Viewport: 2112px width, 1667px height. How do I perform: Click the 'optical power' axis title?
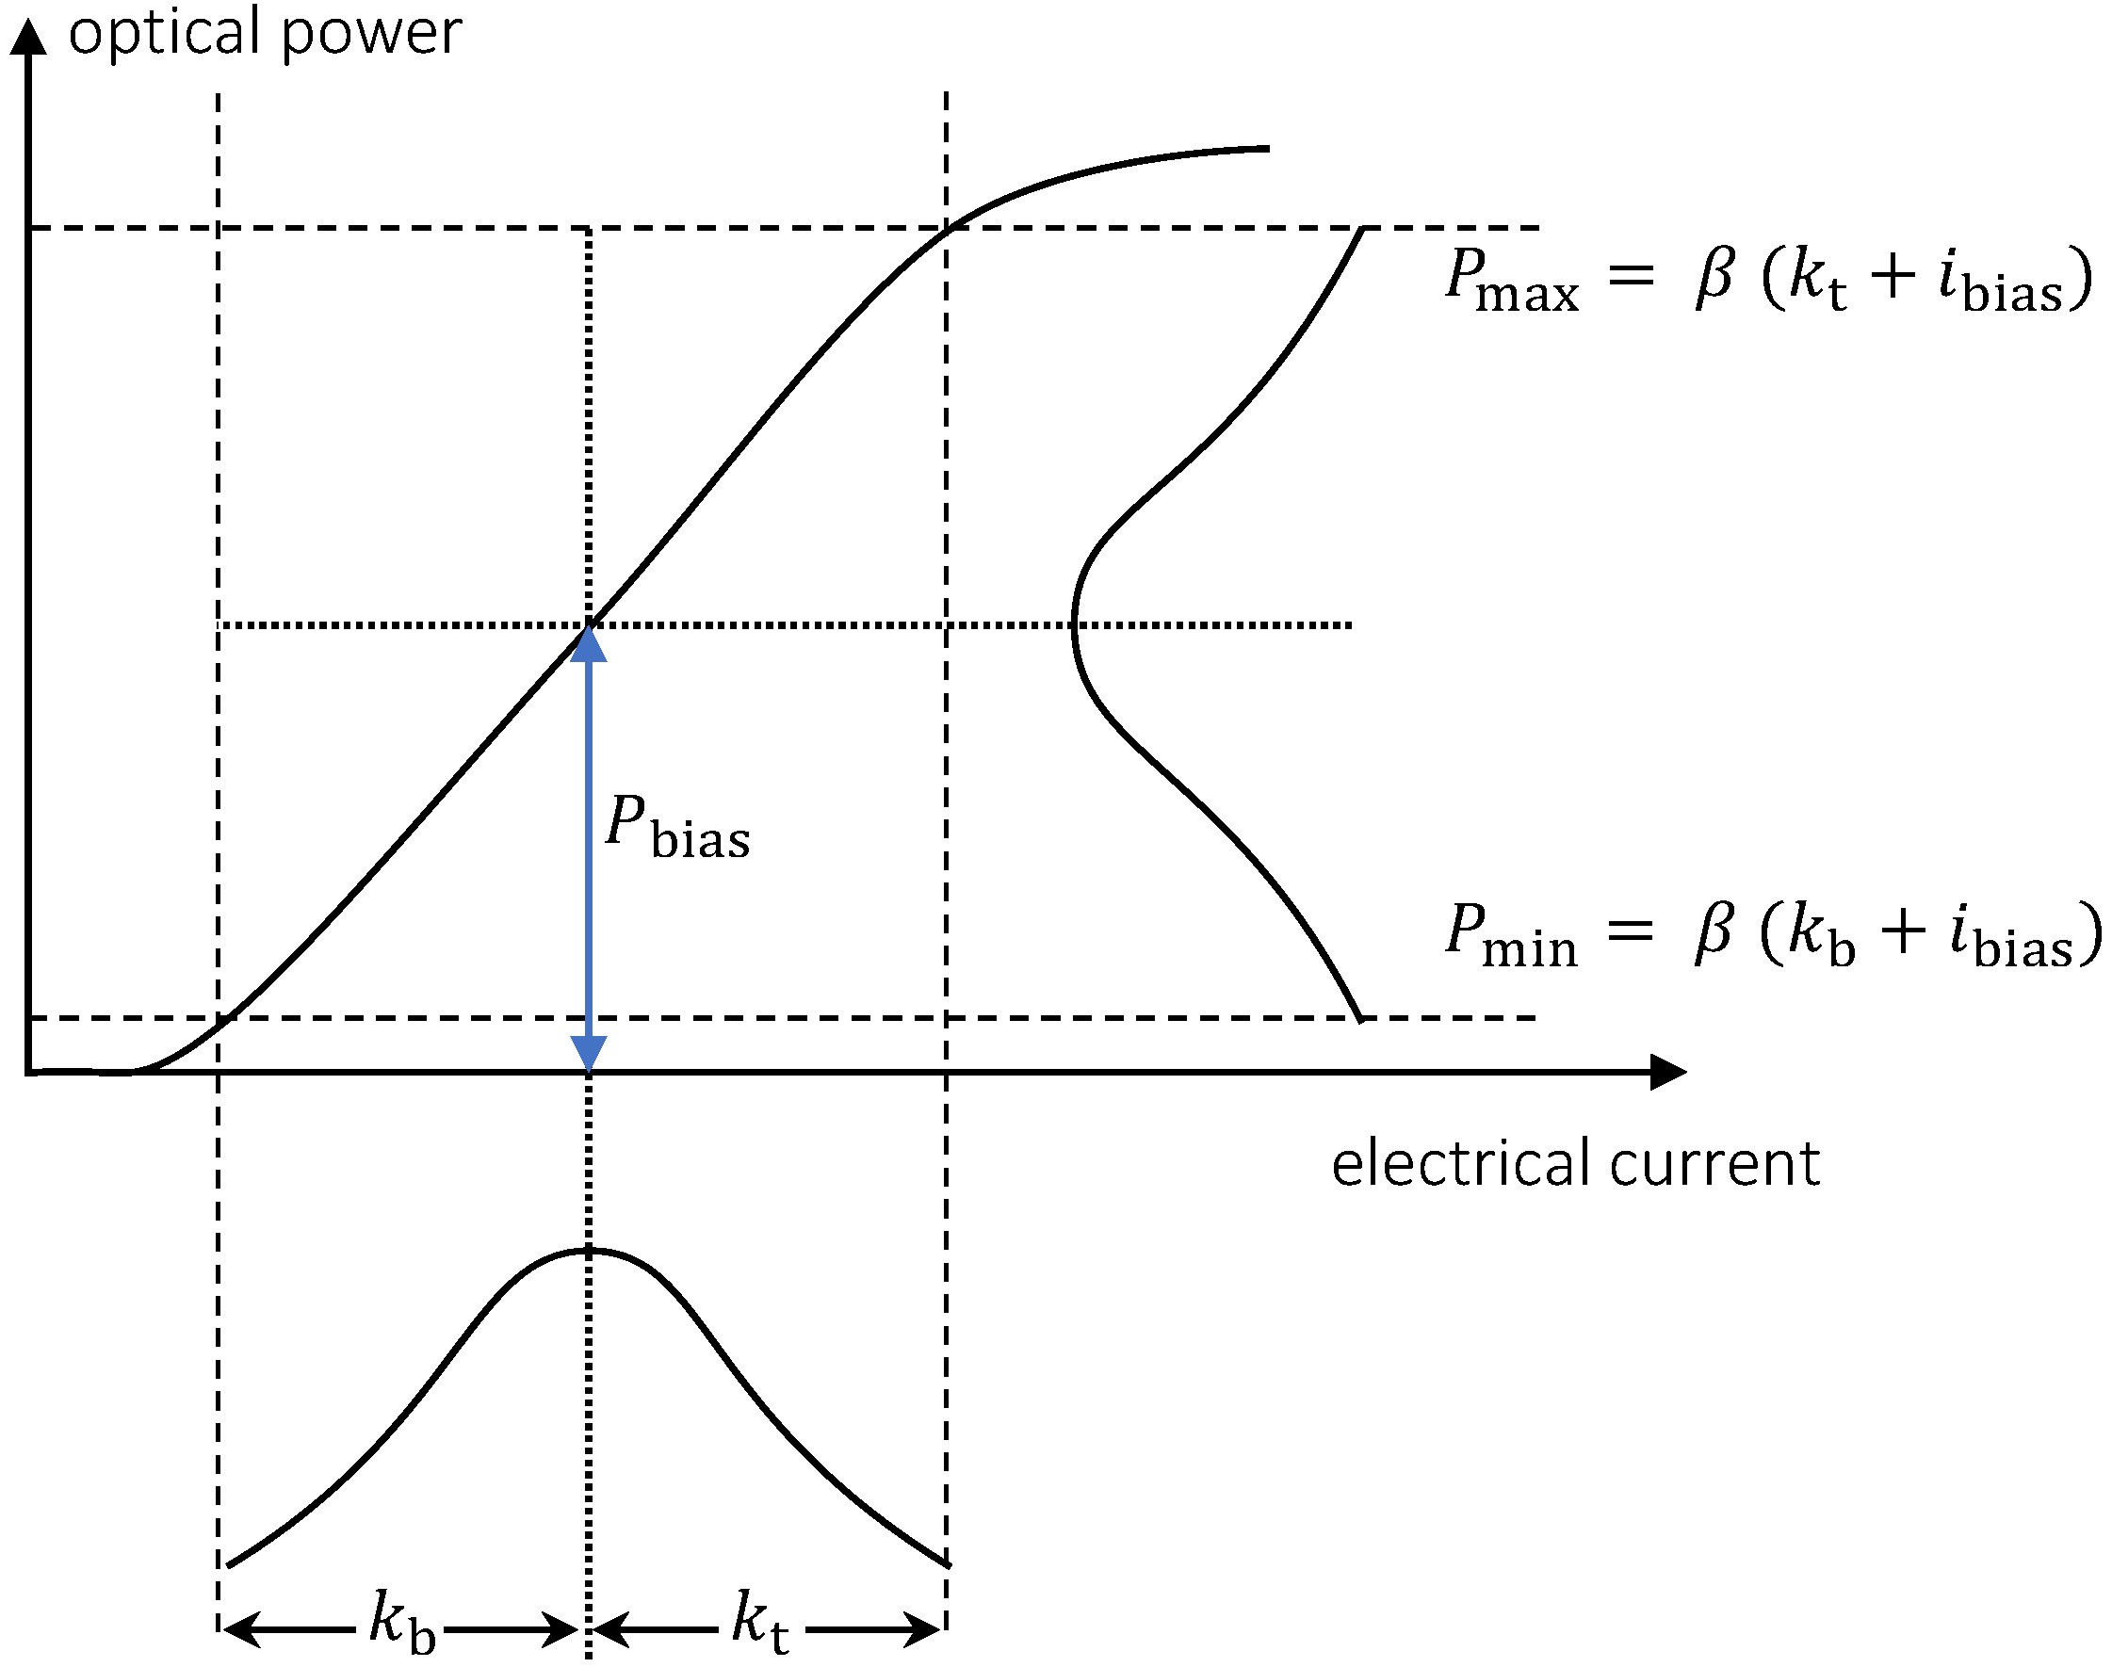(265, 33)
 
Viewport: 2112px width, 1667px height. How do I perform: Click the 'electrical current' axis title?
(1575, 1163)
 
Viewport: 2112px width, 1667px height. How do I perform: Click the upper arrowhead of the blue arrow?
(589, 644)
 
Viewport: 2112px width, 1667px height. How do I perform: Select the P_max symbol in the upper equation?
(1511, 279)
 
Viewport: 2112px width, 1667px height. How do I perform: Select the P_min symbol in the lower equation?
(1511, 935)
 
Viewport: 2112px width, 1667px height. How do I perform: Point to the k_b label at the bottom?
(402, 1622)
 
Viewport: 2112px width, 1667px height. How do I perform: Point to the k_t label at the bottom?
(760, 1622)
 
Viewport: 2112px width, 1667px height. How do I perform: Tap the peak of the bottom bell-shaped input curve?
(590, 1251)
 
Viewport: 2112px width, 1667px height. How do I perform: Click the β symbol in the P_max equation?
(1714, 277)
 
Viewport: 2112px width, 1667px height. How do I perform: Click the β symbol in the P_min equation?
(1714, 933)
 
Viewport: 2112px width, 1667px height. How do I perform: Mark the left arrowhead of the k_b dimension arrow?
(240, 1629)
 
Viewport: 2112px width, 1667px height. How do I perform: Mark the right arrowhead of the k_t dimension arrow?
(923, 1629)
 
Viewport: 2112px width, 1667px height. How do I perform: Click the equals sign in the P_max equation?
(1631, 275)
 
